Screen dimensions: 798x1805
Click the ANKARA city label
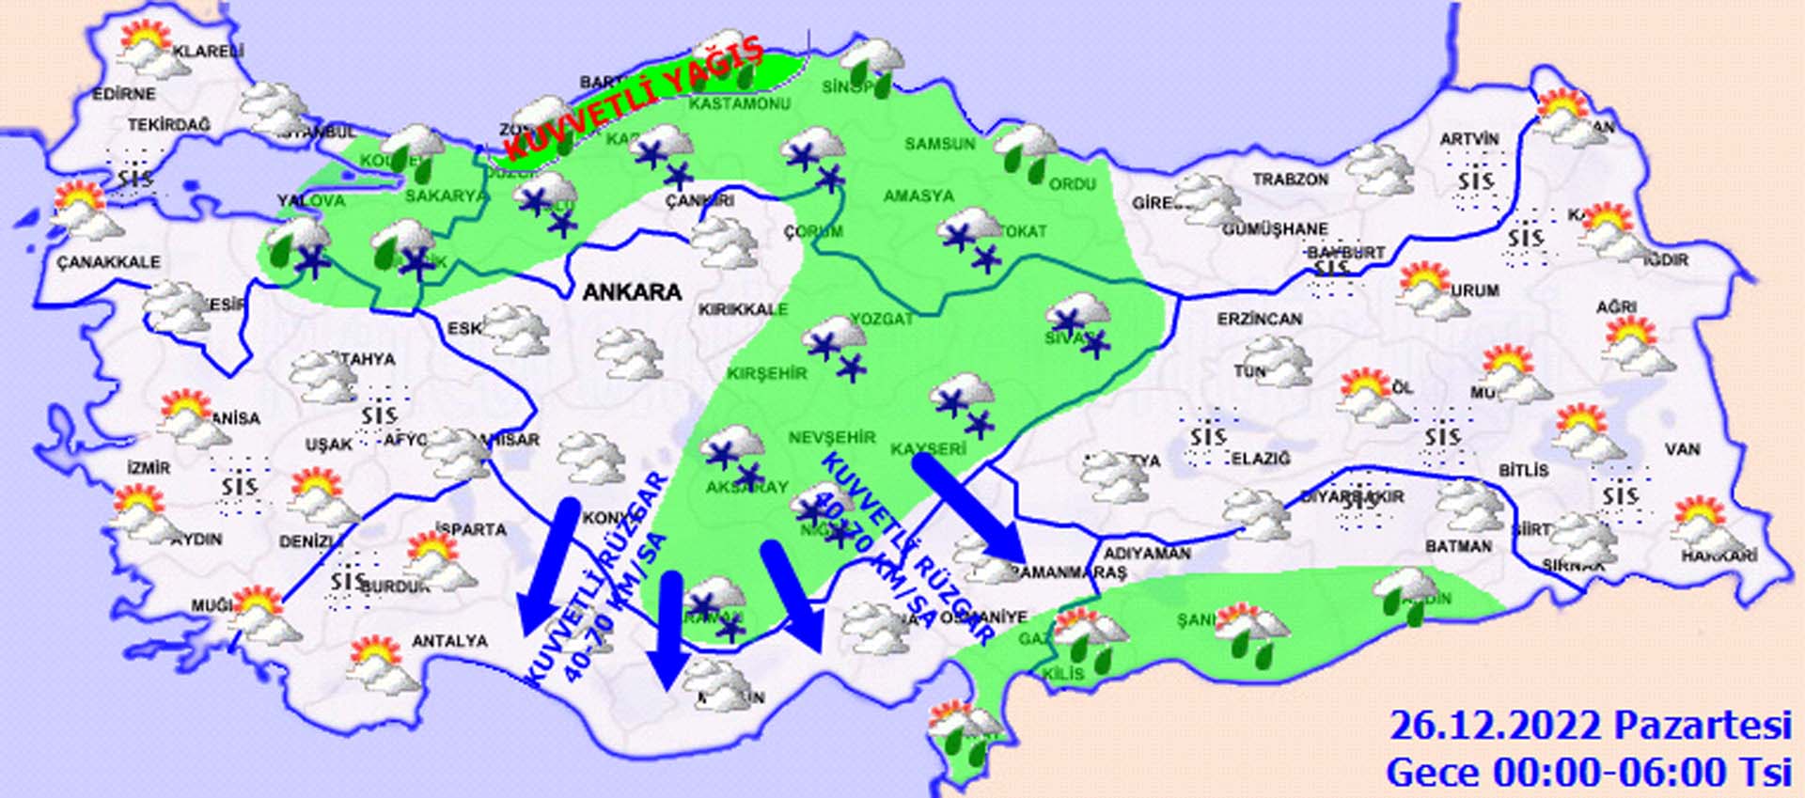pyautogui.click(x=632, y=291)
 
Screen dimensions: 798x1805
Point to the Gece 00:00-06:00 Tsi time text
pyautogui.click(x=1589, y=773)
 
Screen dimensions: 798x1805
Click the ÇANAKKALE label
pyautogui.click(x=108, y=262)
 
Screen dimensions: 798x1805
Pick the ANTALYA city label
pyautogui.click(x=449, y=641)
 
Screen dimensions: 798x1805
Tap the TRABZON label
pyautogui.click(x=1290, y=179)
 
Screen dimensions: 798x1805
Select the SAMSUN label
pyautogui.click(x=940, y=144)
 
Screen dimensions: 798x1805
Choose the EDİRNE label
pyautogui.click(x=124, y=94)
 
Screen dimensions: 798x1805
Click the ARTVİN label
pyautogui.click(x=1469, y=139)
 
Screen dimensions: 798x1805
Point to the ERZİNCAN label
pyautogui.click(x=1260, y=320)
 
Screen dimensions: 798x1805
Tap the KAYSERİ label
pyautogui.click(x=928, y=449)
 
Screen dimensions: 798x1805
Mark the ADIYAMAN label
pyautogui.click(x=1147, y=554)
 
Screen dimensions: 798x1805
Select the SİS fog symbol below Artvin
pyautogui.click(x=1474, y=181)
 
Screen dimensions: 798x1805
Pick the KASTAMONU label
pyautogui.click(x=739, y=103)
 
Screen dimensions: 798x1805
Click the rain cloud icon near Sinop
pyautogui.click(x=872, y=63)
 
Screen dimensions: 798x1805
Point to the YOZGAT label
pyautogui.click(x=881, y=319)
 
